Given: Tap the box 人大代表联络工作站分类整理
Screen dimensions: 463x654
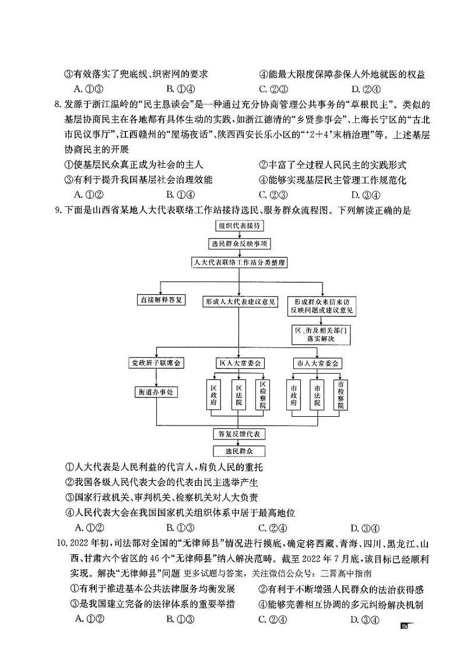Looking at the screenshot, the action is [239, 263].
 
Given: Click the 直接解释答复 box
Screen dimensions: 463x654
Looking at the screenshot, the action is [160, 301].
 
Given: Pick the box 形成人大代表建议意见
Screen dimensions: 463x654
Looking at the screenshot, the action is [240, 301].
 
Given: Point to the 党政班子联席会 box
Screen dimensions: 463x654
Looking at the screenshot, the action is [156, 363].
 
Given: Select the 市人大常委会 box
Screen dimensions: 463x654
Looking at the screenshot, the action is [317, 363].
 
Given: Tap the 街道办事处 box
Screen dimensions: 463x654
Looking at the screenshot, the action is [156, 392].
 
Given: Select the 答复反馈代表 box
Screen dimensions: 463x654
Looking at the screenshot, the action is [238, 434].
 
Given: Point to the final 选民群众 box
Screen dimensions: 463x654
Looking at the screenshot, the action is [238, 451].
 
